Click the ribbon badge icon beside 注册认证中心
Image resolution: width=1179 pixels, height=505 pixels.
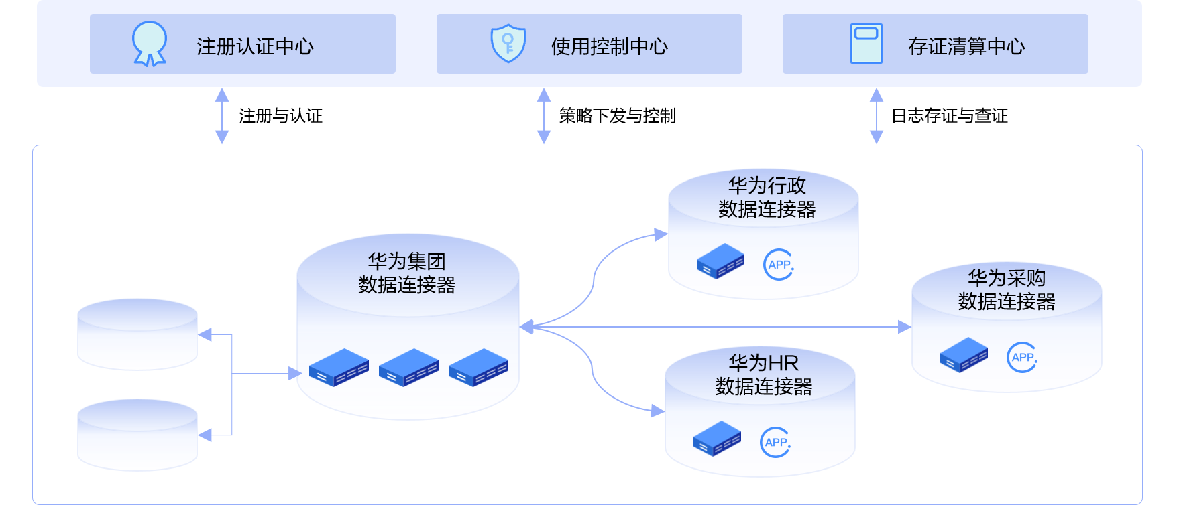point(149,44)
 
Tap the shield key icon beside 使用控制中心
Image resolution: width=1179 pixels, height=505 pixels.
point(508,44)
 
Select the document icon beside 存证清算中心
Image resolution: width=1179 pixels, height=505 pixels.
point(866,44)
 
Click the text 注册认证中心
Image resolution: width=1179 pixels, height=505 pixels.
point(255,46)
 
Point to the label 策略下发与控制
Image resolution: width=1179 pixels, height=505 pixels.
point(617,116)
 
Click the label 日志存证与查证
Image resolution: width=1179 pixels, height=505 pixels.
point(949,116)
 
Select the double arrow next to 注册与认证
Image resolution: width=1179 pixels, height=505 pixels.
point(222,116)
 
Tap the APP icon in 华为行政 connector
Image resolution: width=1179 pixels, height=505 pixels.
point(779,265)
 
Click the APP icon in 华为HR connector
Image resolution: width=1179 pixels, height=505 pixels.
point(775,442)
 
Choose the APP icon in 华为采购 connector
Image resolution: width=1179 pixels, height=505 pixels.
point(1022,358)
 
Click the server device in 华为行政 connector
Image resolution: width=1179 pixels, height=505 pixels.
point(720,261)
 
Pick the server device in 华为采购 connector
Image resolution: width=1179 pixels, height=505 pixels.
point(964,355)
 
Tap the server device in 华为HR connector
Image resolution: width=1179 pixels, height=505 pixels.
point(717,439)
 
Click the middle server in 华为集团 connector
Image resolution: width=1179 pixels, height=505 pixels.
point(408,368)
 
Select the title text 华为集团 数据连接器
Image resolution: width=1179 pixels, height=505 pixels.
point(406,273)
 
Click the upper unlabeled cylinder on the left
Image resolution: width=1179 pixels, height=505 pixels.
point(137,334)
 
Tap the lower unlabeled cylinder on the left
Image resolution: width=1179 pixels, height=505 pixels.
point(137,435)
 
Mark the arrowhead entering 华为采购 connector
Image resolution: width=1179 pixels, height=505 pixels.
point(905,327)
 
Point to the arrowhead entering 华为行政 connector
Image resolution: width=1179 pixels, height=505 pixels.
point(661,234)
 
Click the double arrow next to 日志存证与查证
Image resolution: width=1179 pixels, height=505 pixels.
point(876,116)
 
